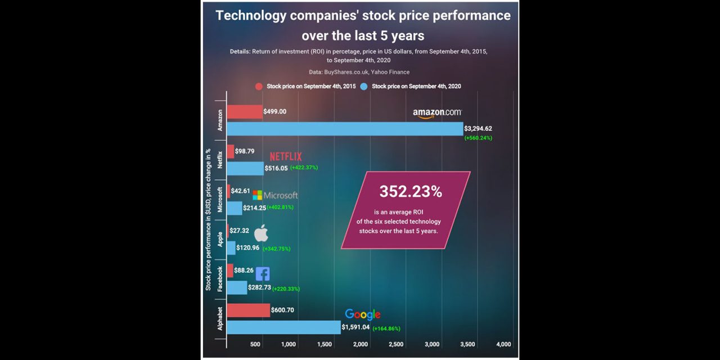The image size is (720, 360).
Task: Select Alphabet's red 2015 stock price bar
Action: coord(248,310)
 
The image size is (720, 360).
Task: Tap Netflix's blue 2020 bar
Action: coord(245,168)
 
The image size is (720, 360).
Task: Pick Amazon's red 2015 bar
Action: coord(245,112)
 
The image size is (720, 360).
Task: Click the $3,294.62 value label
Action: coord(478,128)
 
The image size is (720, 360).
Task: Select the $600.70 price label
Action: coord(282,310)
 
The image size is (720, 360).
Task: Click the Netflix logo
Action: coord(286,156)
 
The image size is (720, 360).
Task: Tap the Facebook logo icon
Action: coord(263,274)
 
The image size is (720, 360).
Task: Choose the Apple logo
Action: coord(262,233)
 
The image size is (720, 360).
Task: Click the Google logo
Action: coord(363,314)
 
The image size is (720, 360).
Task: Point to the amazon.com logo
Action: coord(437,113)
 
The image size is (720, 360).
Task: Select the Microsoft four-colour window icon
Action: coord(257,195)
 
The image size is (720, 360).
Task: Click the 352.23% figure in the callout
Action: coord(411,192)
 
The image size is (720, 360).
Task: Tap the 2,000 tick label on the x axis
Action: coord(360,344)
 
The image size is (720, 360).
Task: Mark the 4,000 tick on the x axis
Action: coord(503,344)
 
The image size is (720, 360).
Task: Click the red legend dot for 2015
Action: coord(259,87)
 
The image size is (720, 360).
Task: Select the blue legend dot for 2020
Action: coord(364,87)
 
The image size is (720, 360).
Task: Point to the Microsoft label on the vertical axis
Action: coord(220,200)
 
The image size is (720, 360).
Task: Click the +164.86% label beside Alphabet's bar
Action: coord(386,328)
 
